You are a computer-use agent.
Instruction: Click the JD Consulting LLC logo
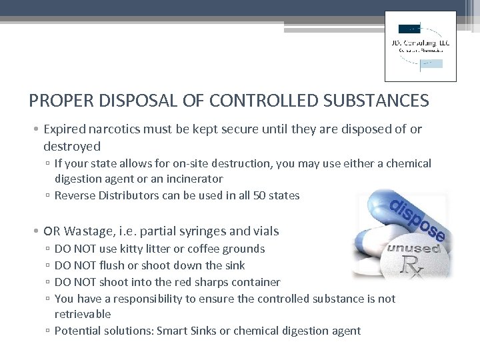click(421, 46)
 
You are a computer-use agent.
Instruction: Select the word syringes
click(199, 231)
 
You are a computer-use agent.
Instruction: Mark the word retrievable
click(83, 314)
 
